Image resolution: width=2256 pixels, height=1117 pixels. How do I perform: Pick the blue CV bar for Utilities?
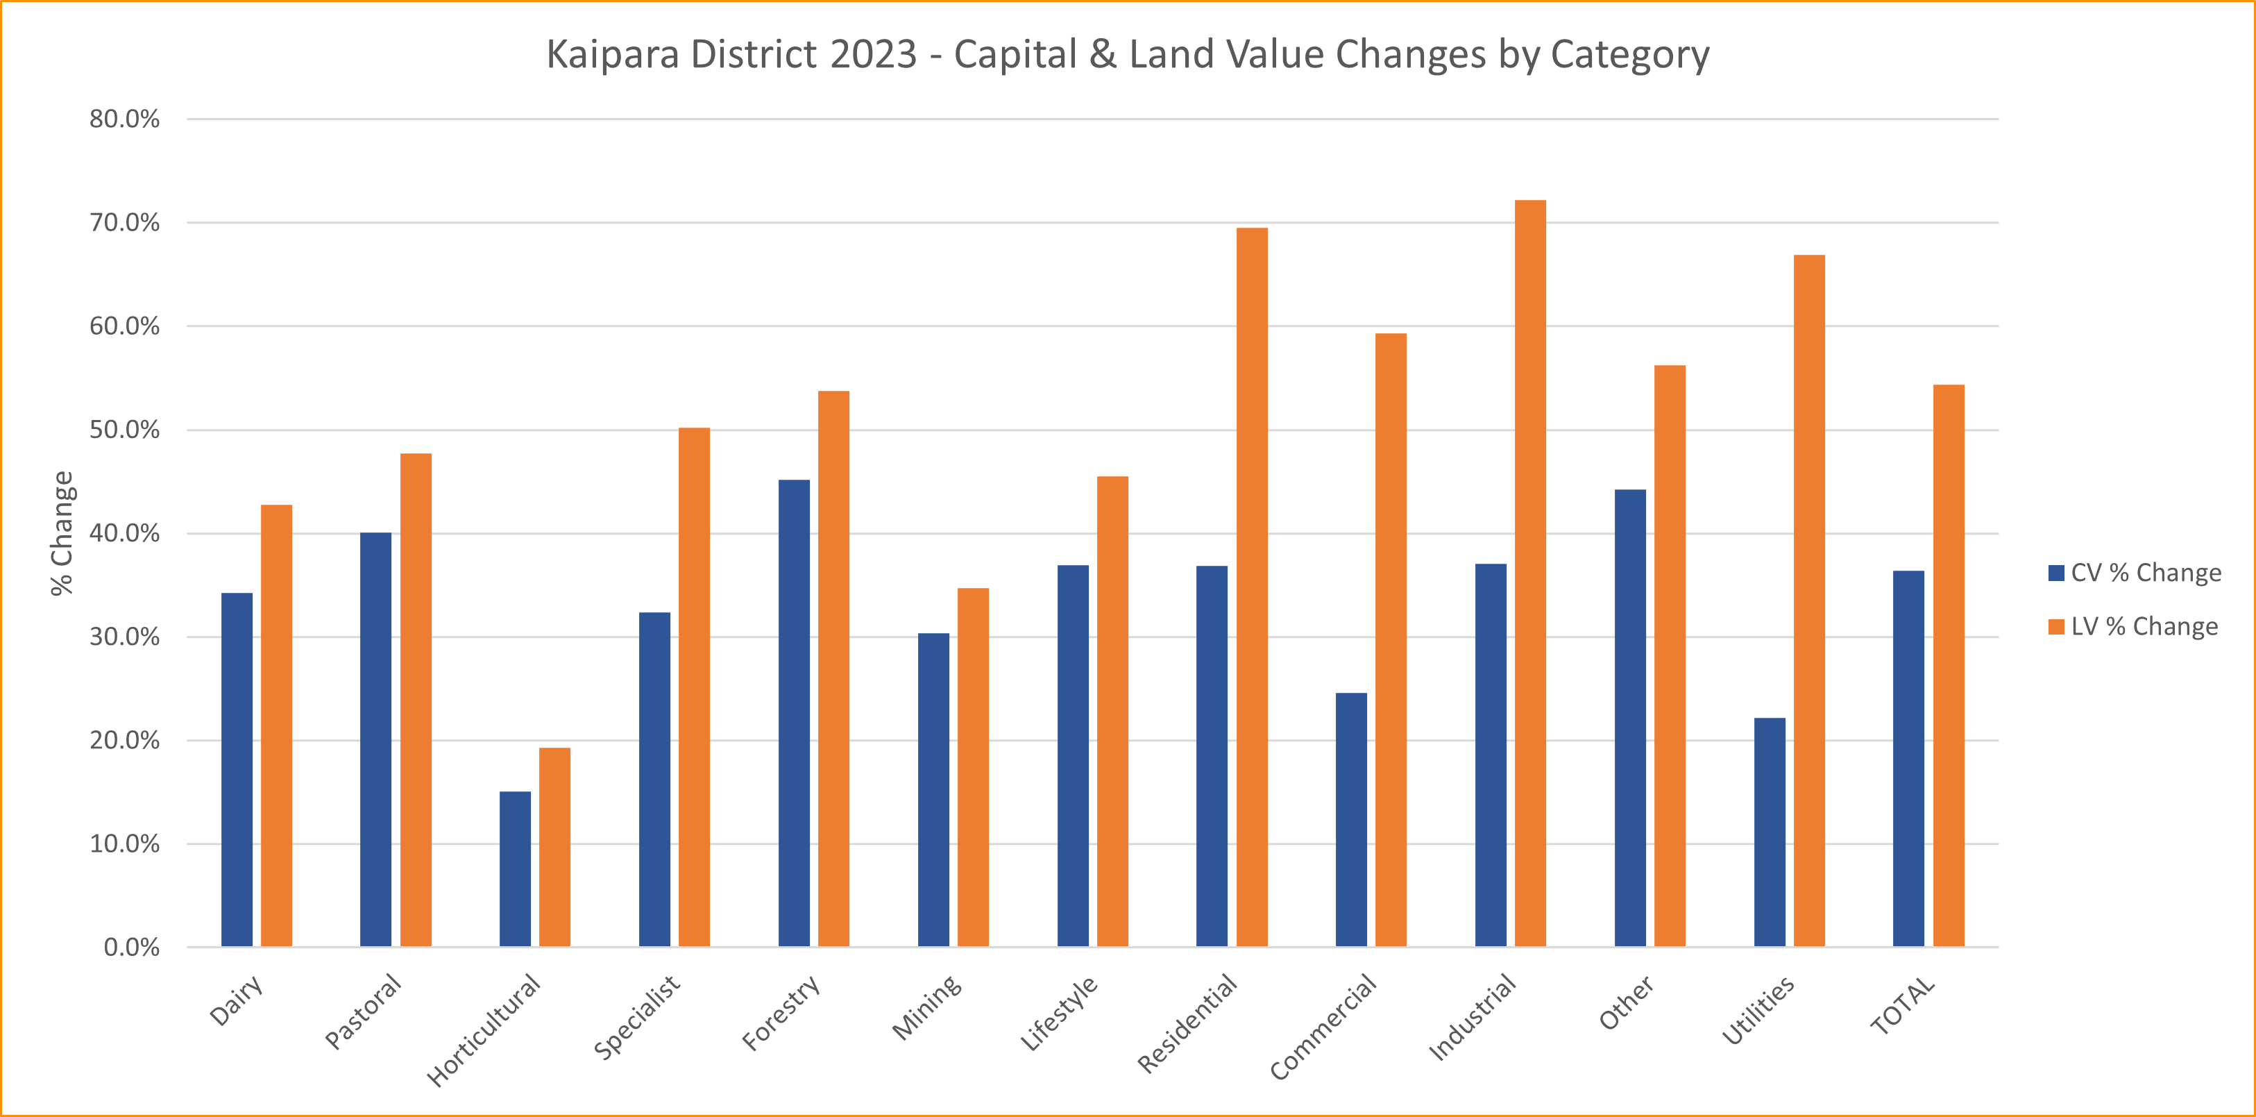(1770, 832)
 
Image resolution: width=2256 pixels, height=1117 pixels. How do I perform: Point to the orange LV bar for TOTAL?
(1949, 666)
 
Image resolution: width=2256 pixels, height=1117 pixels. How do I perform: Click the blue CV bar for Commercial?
(1351, 820)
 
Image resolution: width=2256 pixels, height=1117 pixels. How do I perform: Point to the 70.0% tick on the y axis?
(124, 223)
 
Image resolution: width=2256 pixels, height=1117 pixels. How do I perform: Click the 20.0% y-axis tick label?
(124, 740)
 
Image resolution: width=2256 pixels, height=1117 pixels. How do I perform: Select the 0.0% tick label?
(131, 947)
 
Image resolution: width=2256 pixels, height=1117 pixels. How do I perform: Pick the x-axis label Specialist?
(638, 1016)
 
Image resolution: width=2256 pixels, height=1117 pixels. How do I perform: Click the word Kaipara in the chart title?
(613, 54)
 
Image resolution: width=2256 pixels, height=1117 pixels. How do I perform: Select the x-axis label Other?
(1627, 1002)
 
